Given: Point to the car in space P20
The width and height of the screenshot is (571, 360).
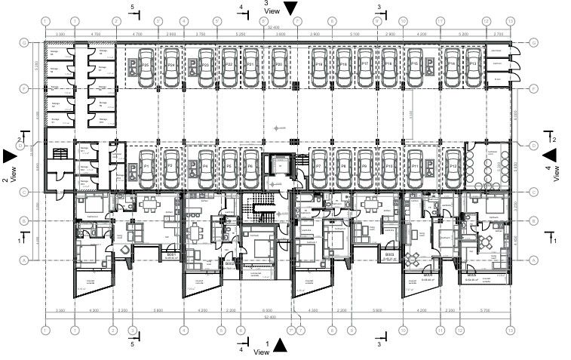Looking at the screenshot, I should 280,63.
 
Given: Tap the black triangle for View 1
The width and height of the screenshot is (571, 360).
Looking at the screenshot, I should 280,346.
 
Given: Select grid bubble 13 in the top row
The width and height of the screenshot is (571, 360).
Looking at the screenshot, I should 510,21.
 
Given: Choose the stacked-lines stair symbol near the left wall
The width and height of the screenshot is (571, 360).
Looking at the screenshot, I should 57,154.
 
